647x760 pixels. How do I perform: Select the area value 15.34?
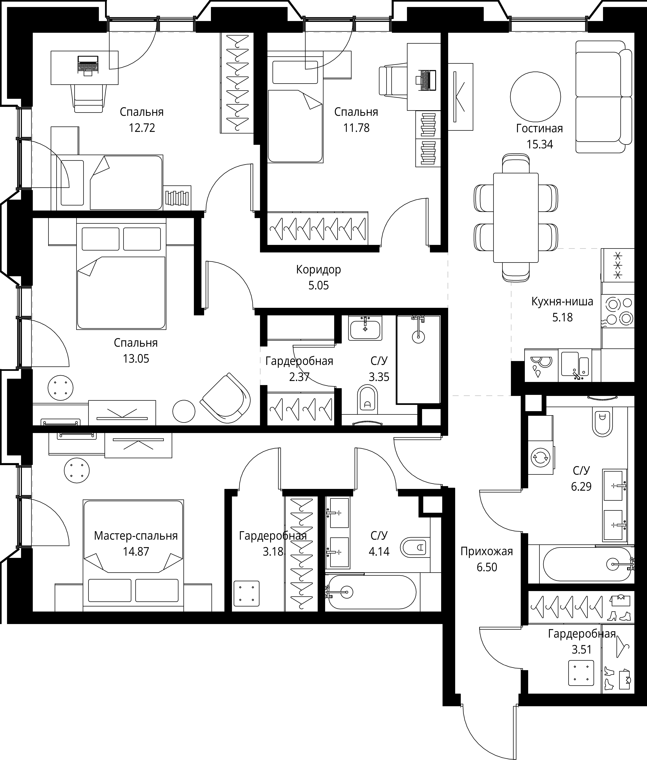(x=539, y=144)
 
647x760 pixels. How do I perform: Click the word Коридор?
(x=318, y=270)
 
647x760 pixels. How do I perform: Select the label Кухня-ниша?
(x=562, y=302)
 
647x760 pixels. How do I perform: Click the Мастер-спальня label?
(x=136, y=536)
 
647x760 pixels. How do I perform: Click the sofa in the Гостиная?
(x=603, y=97)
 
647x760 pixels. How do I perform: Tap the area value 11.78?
(x=356, y=128)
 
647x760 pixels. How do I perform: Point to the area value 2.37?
(x=299, y=377)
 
